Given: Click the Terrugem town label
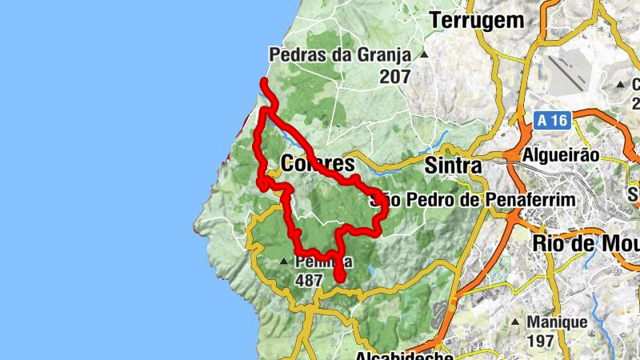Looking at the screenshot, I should click(478, 21).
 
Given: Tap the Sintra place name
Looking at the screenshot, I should click(453, 166).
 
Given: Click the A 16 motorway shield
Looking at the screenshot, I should click(552, 121).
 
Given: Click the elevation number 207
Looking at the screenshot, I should click(395, 78).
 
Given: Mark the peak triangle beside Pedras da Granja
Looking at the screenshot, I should click(424, 55).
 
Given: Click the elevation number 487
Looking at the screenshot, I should click(308, 281).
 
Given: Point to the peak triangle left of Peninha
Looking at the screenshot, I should click(284, 262).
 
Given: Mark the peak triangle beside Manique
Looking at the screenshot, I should click(514, 323).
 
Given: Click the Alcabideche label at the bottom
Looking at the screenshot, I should click(397, 354).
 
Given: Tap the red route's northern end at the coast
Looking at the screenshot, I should click(265, 82).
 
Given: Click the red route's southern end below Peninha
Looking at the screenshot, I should click(339, 278).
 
